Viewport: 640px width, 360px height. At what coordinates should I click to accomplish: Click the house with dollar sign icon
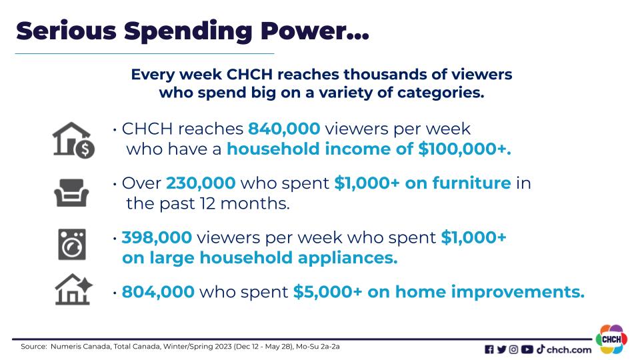click(x=73, y=140)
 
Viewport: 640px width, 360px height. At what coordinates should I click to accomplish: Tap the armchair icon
click(x=71, y=193)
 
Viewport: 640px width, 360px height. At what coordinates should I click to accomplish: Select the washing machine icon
click(x=72, y=245)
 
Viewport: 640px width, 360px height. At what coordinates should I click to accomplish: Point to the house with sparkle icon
click(x=73, y=289)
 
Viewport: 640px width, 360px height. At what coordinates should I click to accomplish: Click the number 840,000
click(x=284, y=129)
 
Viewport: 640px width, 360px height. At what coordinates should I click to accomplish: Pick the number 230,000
click(x=201, y=183)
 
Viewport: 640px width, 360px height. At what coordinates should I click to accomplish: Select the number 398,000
click(x=157, y=237)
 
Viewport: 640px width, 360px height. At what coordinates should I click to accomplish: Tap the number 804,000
click(x=158, y=292)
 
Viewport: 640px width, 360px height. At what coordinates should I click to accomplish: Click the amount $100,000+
click(x=465, y=149)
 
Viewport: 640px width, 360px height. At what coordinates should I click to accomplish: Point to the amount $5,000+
click(x=327, y=292)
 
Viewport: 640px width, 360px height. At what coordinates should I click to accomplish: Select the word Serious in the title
click(x=67, y=31)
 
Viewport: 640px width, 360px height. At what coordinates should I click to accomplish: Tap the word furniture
click(x=471, y=183)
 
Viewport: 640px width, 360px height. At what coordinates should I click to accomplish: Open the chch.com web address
click(x=569, y=350)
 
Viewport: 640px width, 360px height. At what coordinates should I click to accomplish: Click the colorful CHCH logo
click(x=611, y=339)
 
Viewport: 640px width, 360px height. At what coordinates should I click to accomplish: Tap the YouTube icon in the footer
click(x=527, y=349)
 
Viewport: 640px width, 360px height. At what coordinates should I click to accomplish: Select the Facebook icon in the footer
click(x=489, y=349)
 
